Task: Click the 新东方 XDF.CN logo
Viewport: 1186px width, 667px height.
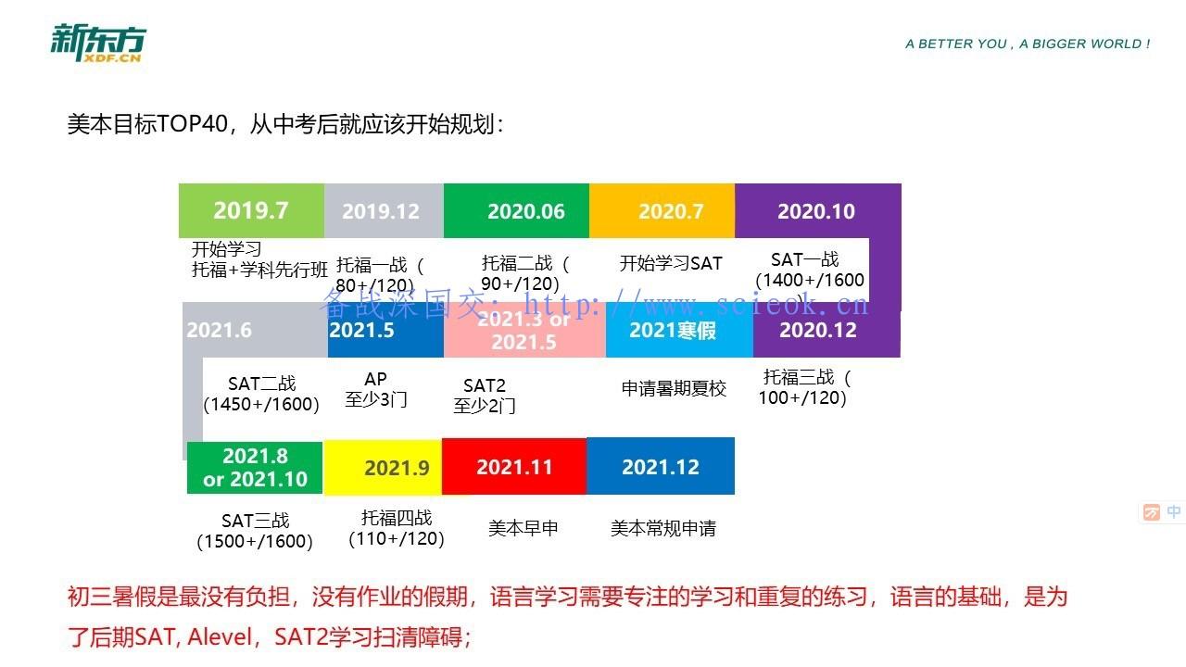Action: (98, 44)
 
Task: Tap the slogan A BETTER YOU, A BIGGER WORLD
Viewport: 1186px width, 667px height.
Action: (1028, 44)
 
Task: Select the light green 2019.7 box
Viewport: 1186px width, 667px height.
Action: (251, 210)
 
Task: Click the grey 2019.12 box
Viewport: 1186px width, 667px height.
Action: (384, 210)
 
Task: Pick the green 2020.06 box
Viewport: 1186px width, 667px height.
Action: (516, 210)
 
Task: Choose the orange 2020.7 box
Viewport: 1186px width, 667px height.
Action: (662, 210)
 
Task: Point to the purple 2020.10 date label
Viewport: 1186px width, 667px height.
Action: (816, 212)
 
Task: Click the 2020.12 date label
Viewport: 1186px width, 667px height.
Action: (818, 331)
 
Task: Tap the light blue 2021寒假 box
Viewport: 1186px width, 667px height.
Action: (679, 330)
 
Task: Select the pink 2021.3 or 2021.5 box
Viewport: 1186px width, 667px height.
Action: (524, 330)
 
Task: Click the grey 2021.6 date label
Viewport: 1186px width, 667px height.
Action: (220, 331)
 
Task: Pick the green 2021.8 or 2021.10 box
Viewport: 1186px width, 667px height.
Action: (255, 468)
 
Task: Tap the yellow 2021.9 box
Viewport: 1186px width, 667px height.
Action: (383, 468)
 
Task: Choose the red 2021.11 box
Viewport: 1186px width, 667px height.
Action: (514, 466)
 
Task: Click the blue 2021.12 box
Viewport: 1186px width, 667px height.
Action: (661, 466)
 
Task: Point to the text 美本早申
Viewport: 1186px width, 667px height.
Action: (524, 528)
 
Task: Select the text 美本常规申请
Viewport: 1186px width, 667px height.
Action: (662, 528)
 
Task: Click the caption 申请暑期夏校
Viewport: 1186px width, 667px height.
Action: (674, 388)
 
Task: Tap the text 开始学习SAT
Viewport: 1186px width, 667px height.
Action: (671, 263)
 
